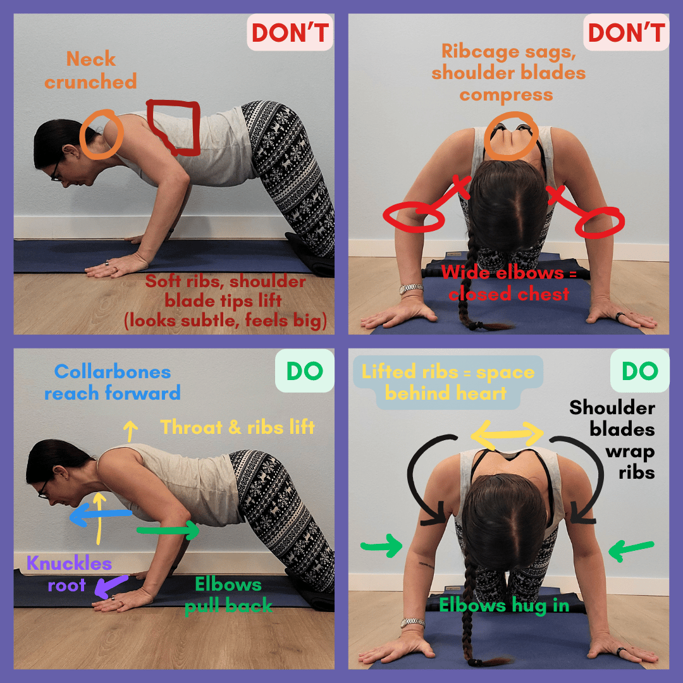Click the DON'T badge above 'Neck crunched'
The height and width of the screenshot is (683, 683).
click(290, 33)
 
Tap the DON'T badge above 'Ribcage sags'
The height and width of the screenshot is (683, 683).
click(626, 33)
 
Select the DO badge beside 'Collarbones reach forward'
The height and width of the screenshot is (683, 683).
click(304, 371)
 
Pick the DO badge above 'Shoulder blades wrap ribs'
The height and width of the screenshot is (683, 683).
click(639, 371)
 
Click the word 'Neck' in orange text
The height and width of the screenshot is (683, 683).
click(90, 59)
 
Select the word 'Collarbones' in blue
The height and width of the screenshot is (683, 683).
click(113, 372)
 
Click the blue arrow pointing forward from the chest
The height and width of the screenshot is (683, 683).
click(101, 514)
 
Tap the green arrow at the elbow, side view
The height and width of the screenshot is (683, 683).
click(168, 530)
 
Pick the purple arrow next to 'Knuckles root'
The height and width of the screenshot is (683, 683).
click(111, 586)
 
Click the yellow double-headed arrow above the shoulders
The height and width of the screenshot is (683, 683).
click(507, 434)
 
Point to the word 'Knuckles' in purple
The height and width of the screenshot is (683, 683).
click(70, 563)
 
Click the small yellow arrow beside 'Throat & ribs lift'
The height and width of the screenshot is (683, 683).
click(130, 431)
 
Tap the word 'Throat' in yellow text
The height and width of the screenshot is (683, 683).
click(191, 427)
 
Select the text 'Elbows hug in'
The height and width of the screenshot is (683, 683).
click(504, 605)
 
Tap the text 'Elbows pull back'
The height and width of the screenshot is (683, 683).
click(228, 595)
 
